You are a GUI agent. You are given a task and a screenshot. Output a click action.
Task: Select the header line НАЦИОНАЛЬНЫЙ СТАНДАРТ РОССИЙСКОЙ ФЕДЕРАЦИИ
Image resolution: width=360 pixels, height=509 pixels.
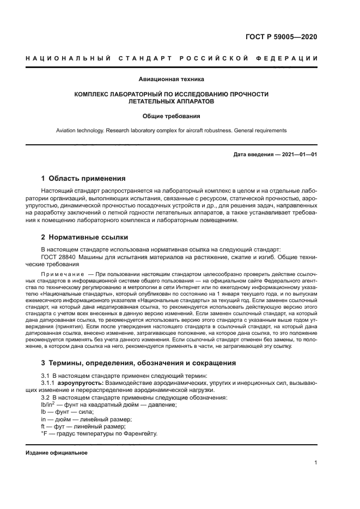click(172, 58)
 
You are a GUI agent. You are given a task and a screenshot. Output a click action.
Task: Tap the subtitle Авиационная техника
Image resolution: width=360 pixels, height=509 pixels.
click(172, 79)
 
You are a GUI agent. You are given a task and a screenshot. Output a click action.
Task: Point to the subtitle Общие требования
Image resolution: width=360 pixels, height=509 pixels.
click(172, 116)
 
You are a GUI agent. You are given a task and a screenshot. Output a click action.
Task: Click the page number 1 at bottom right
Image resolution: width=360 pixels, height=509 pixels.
click(315, 463)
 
